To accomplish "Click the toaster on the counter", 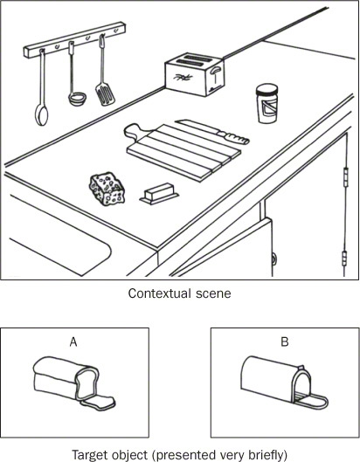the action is (x=194, y=74).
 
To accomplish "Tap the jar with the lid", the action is (x=267, y=103).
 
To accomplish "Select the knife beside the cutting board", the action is (x=212, y=131).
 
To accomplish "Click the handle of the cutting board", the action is (x=134, y=130).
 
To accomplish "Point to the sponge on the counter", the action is (x=107, y=189).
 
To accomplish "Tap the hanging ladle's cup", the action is (x=77, y=99).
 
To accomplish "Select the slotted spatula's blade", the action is (x=105, y=94).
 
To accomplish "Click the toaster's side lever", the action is (x=215, y=70).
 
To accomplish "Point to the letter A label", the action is (x=73, y=341).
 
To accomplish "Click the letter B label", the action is (x=285, y=341).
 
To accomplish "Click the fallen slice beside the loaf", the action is (x=102, y=403).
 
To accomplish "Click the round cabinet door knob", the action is (x=274, y=259).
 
